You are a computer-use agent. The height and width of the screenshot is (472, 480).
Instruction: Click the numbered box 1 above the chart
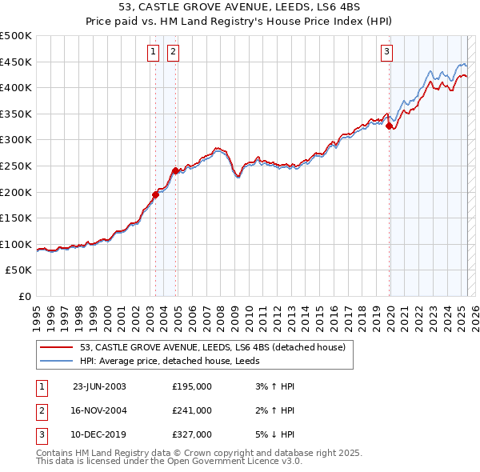click(x=153, y=53)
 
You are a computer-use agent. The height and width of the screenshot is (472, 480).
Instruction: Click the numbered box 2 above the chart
click(x=173, y=53)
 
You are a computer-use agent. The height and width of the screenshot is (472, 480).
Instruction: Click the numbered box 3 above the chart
click(x=386, y=53)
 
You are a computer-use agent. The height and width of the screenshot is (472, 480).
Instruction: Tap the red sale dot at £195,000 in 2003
click(x=156, y=194)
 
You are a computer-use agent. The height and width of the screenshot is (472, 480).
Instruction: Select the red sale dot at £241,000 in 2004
click(x=175, y=170)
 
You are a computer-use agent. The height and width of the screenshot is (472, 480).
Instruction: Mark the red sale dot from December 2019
click(x=389, y=126)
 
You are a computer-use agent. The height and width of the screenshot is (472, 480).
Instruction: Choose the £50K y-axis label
click(x=19, y=270)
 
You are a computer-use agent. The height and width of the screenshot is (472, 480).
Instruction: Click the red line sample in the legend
click(x=57, y=347)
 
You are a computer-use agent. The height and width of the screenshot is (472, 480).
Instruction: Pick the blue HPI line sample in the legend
click(x=57, y=361)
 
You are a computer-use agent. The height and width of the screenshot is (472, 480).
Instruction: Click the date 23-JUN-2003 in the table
click(x=99, y=386)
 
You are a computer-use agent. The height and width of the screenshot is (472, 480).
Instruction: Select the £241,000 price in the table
click(x=192, y=410)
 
